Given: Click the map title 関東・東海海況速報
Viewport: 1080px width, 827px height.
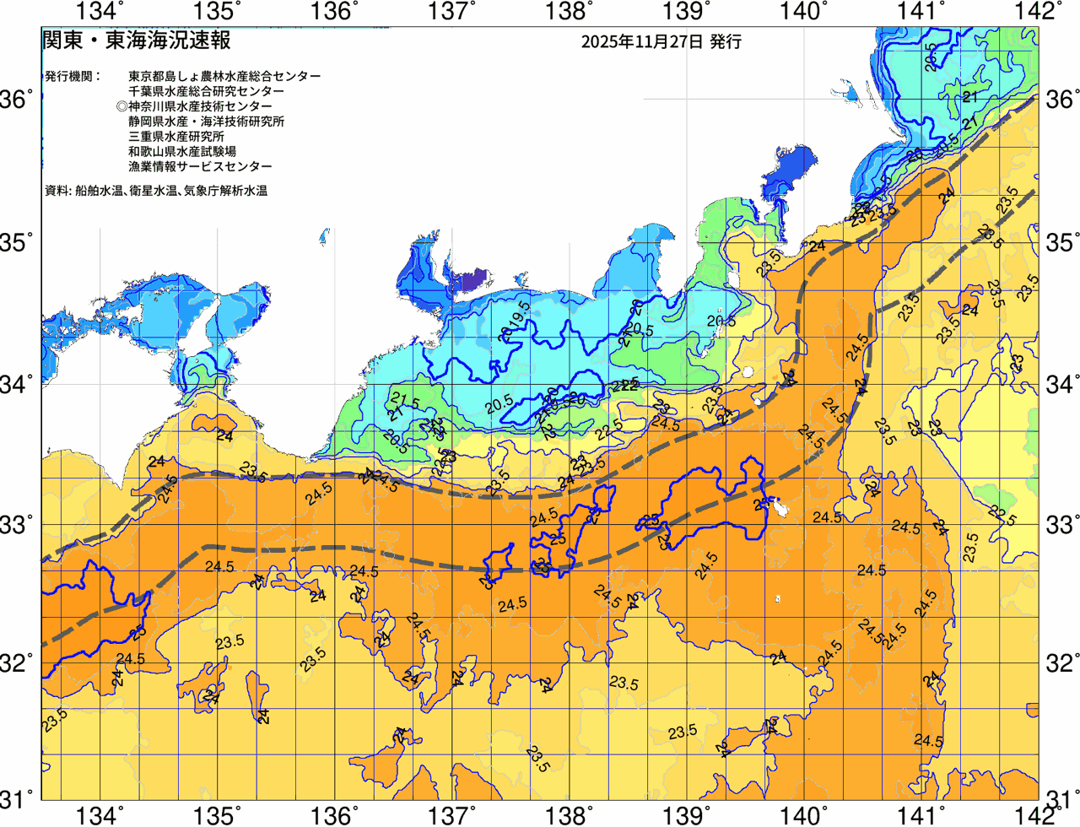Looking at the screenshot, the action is click(x=136, y=41).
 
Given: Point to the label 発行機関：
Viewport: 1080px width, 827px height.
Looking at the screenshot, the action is click(x=73, y=76).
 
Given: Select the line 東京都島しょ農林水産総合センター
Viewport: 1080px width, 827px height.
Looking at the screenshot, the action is click(x=224, y=76).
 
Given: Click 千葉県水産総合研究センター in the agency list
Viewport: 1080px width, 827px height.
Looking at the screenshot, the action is click(x=206, y=91).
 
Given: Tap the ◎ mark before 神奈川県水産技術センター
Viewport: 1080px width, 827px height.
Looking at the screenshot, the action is click(x=122, y=106).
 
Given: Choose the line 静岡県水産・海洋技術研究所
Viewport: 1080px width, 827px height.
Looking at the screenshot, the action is click(x=206, y=122).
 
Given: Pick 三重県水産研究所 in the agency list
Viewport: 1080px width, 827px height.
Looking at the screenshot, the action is click(x=175, y=137).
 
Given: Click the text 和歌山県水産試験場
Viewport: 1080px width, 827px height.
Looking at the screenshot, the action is click(x=181, y=152).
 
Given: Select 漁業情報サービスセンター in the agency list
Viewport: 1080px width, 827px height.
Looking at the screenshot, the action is click(x=200, y=167).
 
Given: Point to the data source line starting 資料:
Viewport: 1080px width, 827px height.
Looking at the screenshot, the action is click(x=156, y=192).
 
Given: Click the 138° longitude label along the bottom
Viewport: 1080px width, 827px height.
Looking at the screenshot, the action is click(x=566, y=815).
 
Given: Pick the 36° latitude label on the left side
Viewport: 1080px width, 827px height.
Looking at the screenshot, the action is click(x=17, y=100).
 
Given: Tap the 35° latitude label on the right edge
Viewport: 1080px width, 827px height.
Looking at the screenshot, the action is click(x=1061, y=244).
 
